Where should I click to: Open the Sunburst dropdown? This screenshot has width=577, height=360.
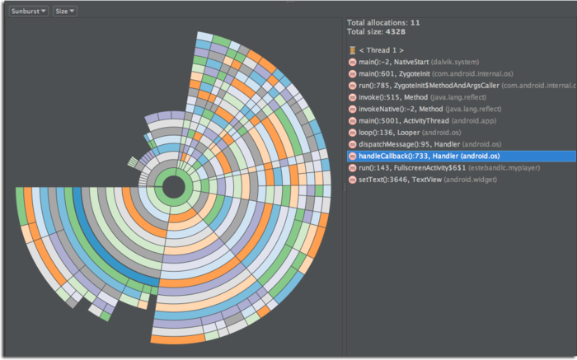[29, 12]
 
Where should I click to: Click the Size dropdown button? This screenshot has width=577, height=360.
[65, 12]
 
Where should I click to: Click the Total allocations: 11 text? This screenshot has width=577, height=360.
[383, 22]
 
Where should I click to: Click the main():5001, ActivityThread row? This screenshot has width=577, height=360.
[420, 120]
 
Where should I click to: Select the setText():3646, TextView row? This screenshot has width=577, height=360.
[420, 179]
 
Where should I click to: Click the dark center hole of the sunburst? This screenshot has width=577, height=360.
[174, 187]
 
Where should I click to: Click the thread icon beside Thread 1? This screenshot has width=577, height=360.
[352, 50]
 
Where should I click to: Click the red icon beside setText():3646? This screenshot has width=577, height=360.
[352, 179]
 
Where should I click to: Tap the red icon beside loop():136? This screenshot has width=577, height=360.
[352, 132]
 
